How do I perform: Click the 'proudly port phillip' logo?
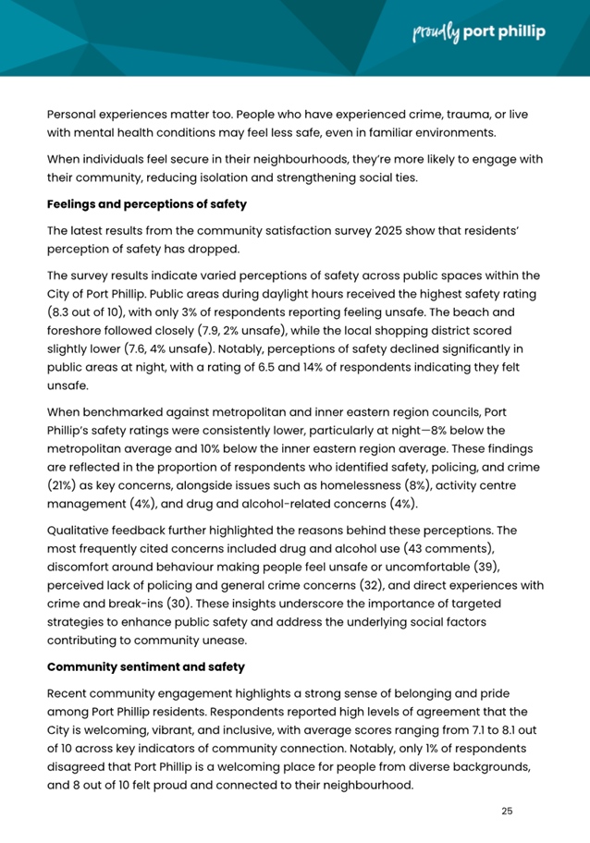478,33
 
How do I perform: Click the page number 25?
506,811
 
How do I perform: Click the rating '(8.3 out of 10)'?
93,313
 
